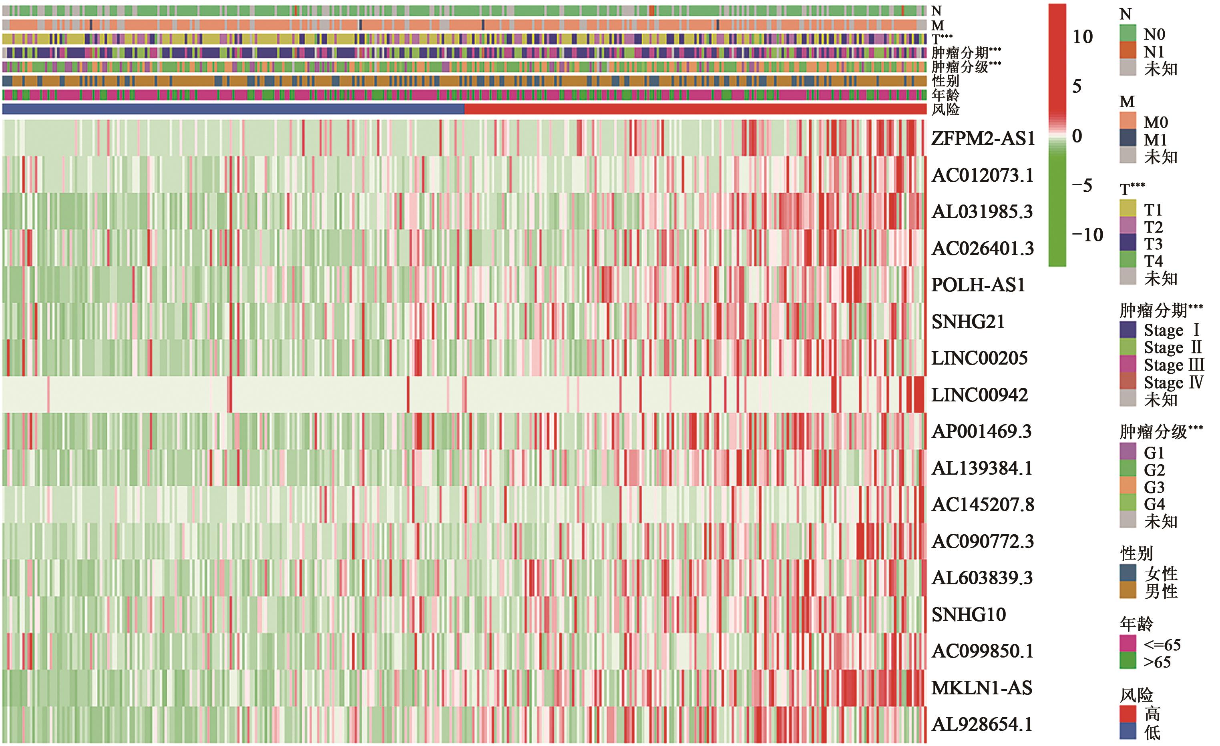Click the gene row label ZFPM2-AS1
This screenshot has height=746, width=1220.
tap(983, 138)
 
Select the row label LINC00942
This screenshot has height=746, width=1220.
tap(979, 395)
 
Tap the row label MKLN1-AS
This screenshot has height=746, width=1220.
tap(981, 688)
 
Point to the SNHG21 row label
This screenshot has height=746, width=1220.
tap(968, 322)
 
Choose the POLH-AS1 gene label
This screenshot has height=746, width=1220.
tap(978, 285)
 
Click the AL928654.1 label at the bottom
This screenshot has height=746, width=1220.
tap(982, 724)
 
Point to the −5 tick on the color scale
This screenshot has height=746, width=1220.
tap(1082, 186)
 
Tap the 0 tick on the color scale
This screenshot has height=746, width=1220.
tap(1077, 136)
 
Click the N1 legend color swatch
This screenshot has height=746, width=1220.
tap(1128, 52)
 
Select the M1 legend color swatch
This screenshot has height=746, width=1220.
tap(1128, 139)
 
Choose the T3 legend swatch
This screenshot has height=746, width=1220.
tap(1128, 244)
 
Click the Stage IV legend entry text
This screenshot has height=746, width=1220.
tap(1173, 383)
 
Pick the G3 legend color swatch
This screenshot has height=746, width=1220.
tap(1128, 487)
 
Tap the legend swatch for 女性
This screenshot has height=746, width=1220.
tap(1128, 573)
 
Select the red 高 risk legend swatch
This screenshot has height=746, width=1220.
tap(1128, 713)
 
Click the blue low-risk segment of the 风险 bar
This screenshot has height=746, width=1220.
tap(233, 109)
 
